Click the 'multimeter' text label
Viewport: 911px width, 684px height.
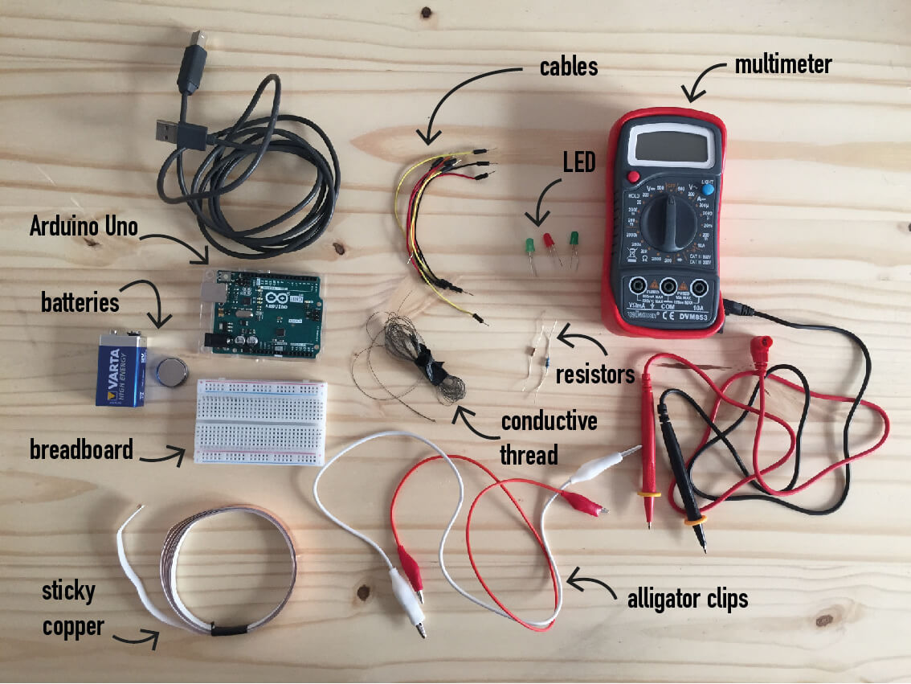click(x=783, y=63)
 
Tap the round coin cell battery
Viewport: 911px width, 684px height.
click(x=172, y=371)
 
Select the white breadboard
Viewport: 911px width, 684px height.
click(x=261, y=422)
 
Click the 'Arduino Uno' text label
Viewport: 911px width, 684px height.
click(x=84, y=227)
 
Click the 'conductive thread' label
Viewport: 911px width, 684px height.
click(x=539, y=438)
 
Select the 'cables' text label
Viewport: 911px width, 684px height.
click(x=568, y=66)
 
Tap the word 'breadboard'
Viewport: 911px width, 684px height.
click(x=81, y=449)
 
